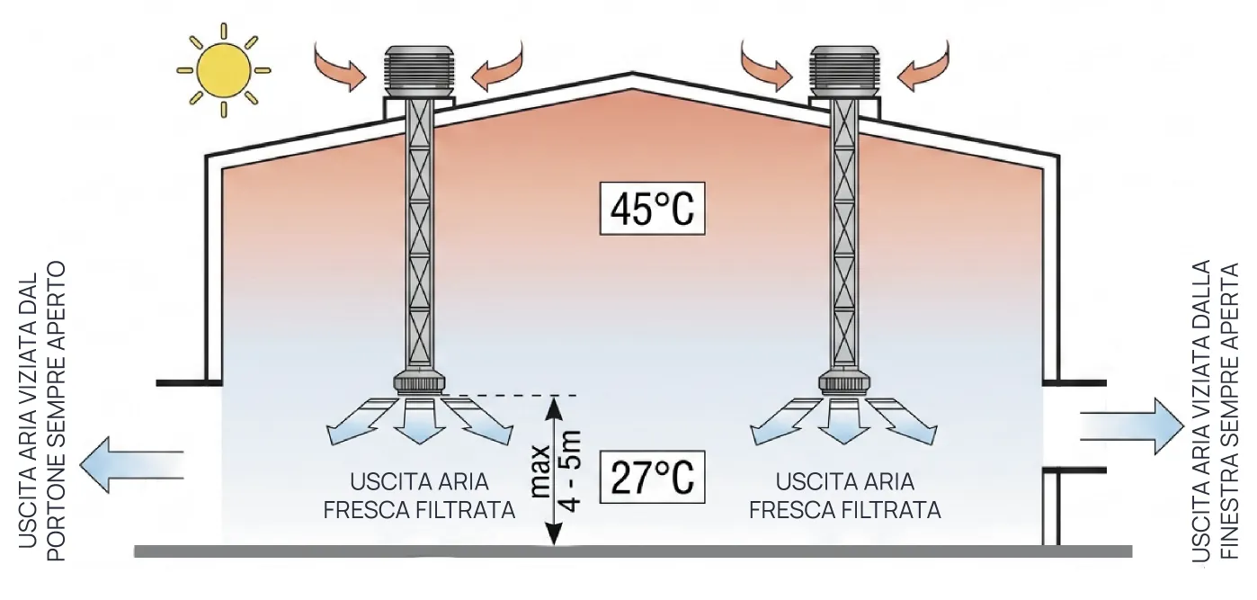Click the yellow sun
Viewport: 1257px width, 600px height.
[x=224, y=70]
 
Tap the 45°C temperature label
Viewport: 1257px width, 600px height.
[x=652, y=210]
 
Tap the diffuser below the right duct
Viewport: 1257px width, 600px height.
[x=845, y=384]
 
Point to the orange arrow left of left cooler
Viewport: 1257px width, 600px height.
[x=340, y=67]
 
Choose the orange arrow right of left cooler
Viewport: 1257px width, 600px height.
[x=496, y=67]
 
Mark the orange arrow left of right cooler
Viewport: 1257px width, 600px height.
[x=767, y=67]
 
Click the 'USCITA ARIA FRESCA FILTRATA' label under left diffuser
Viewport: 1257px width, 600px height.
[x=419, y=495]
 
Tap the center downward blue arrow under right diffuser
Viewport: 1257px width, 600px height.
[x=845, y=424]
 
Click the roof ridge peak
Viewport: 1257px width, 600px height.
[x=633, y=79]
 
